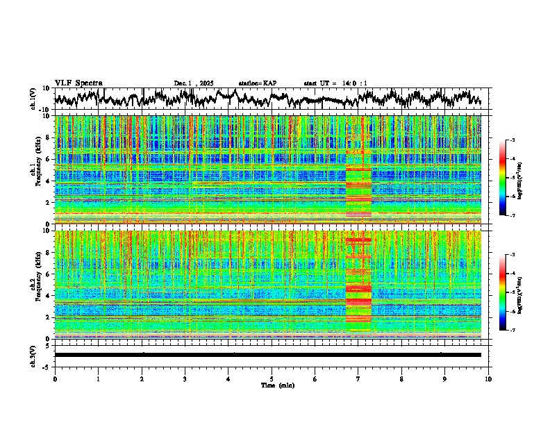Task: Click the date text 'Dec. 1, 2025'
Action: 196,83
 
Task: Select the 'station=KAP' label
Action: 258,83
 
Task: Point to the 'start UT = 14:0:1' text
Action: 335,83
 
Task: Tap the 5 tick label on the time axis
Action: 272,378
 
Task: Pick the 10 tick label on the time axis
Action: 488,378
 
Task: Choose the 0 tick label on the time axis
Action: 55,378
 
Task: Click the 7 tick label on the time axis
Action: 358,378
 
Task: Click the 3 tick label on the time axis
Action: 185,378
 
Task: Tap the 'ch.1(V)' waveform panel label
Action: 33,99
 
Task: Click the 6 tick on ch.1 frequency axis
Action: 49,159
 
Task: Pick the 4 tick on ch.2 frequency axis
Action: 49,296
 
